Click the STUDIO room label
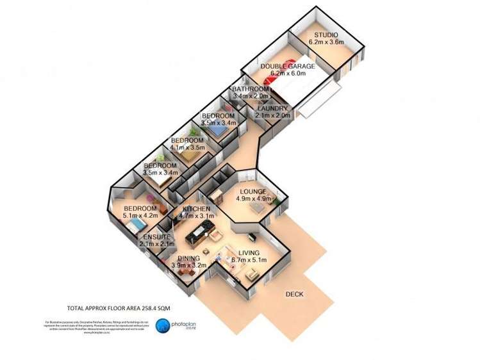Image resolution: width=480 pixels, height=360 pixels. (326, 35)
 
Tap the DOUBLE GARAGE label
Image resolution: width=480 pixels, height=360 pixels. (287, 66)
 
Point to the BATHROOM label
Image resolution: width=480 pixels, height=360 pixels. (249, 89)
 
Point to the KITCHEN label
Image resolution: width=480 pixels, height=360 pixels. (197, 209)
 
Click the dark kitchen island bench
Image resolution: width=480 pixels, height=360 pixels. (195, 238)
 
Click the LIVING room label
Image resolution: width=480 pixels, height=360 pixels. (249, 253)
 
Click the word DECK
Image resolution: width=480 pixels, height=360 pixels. (295, 294)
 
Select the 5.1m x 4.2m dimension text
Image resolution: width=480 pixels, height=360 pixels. (140, 216)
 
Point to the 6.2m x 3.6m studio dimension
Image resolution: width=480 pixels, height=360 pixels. (326, 42)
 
